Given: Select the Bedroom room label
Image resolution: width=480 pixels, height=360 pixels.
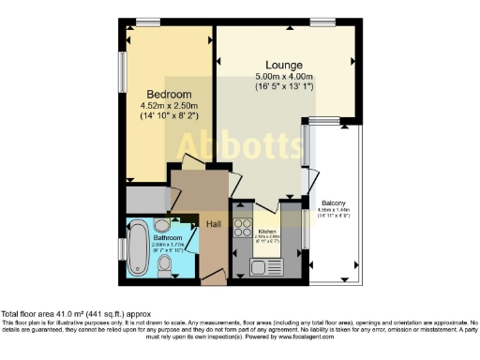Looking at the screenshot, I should pos(170,95).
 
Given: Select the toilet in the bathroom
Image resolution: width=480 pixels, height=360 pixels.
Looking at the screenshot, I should pos(165,269).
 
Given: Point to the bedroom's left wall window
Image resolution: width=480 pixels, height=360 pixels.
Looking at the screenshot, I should pos(122,73).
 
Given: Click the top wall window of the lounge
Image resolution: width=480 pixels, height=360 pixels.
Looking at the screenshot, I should pos(323,22).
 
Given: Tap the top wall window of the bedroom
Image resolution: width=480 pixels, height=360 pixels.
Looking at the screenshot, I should pos(148,22).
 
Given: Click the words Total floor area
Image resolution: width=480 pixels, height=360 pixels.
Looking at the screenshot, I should pos(29,313).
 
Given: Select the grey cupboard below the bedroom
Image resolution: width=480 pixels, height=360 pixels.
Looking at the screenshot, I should pos(145,199).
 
